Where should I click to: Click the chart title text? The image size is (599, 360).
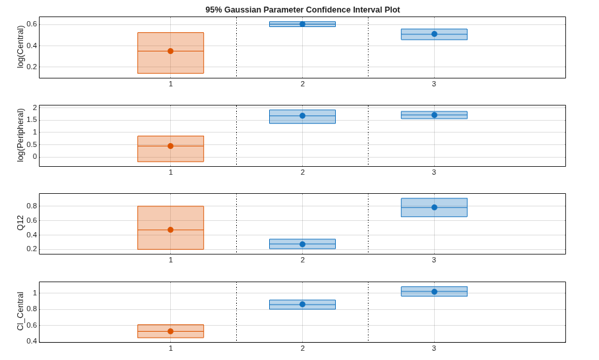(303, 10)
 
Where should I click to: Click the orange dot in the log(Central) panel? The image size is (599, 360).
(170, 51)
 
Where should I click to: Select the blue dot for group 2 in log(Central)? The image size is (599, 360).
(303, 24)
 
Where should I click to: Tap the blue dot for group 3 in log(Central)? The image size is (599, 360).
(434, 34)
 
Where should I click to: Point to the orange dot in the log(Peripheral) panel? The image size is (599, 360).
(170, 146)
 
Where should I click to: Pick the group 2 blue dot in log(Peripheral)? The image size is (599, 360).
(303, 115)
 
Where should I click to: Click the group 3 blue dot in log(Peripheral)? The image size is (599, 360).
(434, 115)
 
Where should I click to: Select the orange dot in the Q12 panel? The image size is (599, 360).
(170, 230)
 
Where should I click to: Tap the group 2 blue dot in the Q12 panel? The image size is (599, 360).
(303, 245)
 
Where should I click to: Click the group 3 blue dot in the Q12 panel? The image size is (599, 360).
(434, 207)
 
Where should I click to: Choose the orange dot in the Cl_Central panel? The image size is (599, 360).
(170, 332)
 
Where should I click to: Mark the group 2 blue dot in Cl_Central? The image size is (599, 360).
(303, 304)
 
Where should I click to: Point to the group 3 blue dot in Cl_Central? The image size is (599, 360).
(434, 291)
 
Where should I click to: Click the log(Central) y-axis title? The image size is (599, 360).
(20, 47)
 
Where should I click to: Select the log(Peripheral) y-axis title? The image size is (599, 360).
(20, 135)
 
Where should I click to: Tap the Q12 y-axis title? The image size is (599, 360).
(20, 223)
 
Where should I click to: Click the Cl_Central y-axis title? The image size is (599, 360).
(20, 311)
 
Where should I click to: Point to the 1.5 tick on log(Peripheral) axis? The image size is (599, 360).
(32, 120)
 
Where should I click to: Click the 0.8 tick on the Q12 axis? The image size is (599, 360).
(32, 206)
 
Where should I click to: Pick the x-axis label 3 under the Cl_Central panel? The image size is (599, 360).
(434, 348)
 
